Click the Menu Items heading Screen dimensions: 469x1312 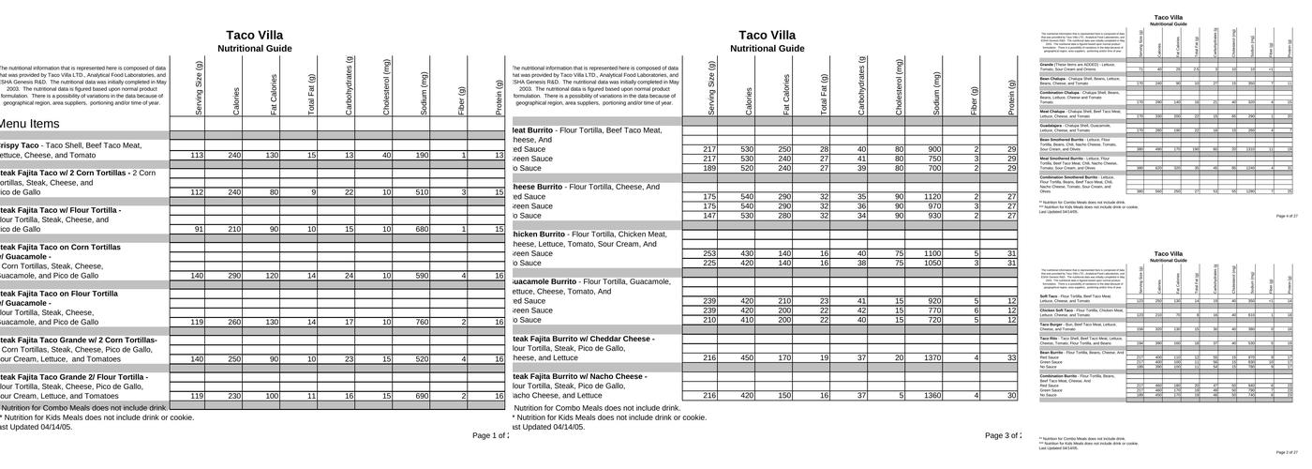[31, 124]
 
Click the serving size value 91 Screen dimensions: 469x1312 [197, 229]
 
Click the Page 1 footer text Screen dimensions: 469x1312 [489, 435]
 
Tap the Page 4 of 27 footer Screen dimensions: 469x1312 [1287, 216]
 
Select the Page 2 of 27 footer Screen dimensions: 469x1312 [1287, 452]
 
